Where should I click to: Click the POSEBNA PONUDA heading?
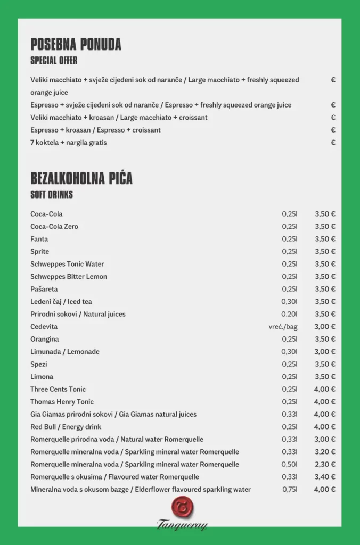coord(76,45)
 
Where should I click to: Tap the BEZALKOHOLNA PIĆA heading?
coord(81,179)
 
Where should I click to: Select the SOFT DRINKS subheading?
coord(52,195)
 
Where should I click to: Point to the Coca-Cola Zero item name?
coord(54,227)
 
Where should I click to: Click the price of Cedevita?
coord(325,327)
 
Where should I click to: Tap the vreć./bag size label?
coord(283,327)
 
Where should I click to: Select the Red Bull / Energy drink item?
coord(66,427)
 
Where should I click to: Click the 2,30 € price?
coord(325,465)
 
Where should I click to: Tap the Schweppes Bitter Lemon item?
coord(69,277)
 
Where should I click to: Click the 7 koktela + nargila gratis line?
coord(69,143)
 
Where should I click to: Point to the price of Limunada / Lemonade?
coord(325,352)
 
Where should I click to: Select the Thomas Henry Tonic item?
coord(62,402)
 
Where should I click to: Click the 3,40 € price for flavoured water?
coord(325,477)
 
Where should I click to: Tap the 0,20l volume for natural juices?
coord(290,314)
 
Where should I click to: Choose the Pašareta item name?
coord(44,289)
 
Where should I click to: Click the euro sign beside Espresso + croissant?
coord(333,130)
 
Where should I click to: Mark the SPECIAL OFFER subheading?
coord(54,60)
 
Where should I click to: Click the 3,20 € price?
coord(325,452)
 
